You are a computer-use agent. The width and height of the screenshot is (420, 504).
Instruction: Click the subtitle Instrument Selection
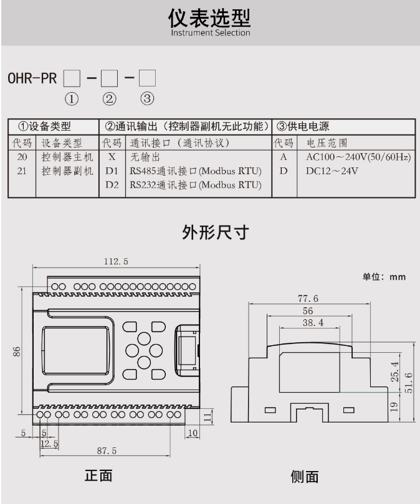210,33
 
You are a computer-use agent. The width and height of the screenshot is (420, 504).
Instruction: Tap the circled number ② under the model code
110,98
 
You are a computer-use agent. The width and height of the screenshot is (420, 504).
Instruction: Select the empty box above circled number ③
147,78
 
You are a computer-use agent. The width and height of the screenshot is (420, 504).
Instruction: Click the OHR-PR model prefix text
32,80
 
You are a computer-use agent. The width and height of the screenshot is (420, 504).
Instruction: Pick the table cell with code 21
22,170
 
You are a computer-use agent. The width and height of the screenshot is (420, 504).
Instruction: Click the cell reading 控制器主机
67,157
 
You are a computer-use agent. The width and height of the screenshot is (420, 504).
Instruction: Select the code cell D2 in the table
112,185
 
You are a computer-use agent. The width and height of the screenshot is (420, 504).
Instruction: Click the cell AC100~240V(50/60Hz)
358,157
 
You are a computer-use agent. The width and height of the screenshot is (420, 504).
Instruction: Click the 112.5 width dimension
116,262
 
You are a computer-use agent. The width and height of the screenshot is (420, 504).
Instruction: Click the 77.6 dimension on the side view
307,299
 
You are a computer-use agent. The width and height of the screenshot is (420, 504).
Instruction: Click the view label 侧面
305,477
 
